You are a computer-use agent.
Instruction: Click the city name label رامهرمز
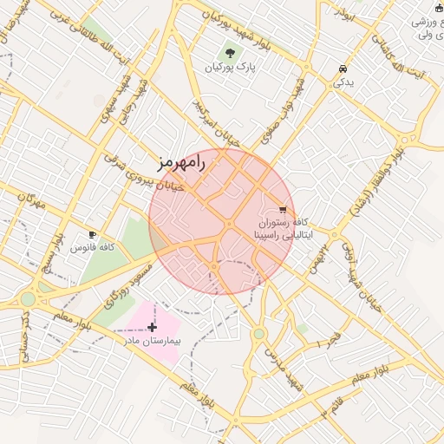181,162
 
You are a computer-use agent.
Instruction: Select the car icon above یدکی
343,69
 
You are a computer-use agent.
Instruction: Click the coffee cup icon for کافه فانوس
93,234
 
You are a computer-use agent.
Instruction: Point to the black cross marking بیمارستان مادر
153,327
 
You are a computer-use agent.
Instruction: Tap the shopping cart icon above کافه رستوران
283,209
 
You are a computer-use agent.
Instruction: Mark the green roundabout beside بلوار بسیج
29,298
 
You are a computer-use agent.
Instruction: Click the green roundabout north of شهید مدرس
258,333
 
